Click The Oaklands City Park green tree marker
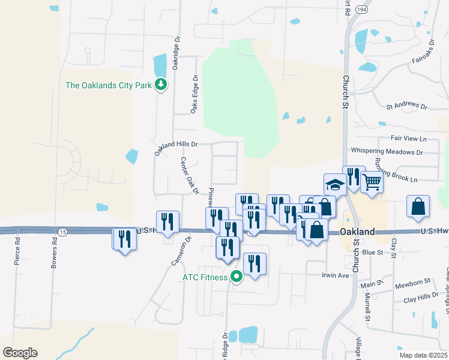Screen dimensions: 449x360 coord(160,85)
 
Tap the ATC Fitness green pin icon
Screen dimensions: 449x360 coord(237,277)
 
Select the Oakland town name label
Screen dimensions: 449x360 coord(358,232)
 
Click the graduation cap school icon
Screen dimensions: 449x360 coord(334,184)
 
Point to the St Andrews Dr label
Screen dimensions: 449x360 coord(406,107)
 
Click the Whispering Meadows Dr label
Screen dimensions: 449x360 coord(387,151)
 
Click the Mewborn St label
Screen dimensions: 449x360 coord(413,281)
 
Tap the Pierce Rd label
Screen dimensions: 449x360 coord(17,251)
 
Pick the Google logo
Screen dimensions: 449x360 coord(20,353)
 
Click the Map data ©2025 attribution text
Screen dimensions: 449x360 coord(423,355)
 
